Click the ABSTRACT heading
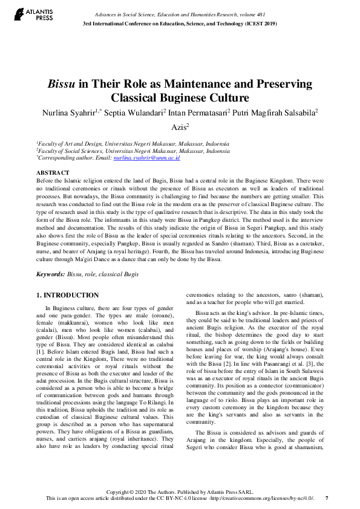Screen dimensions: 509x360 [x=53, y=173]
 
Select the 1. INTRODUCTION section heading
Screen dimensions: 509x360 [x=68, y=295]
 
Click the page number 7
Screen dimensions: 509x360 [x=327, y=498]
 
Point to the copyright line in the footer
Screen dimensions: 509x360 [x=179, y=491]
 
